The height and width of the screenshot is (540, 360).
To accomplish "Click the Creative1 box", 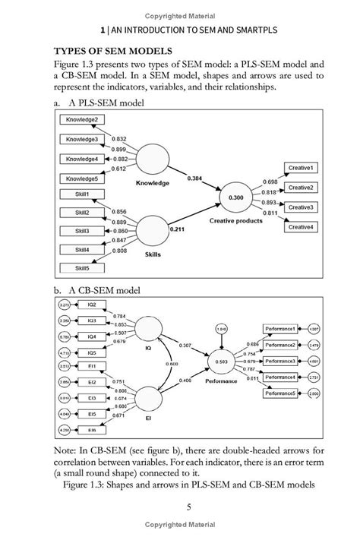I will pos(302,168).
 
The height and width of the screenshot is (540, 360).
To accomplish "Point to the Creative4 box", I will pos(302,226).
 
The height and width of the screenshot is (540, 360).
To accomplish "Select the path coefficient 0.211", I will pos(176,227).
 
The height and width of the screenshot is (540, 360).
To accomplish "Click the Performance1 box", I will pos(280,329).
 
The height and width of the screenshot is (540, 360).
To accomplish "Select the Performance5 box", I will pos(280,393).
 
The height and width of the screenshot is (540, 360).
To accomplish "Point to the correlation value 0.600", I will pos(172,363).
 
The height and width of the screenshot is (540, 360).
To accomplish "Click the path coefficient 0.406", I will pos(186,380).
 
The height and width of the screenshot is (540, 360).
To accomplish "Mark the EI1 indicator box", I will pos(92,366).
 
